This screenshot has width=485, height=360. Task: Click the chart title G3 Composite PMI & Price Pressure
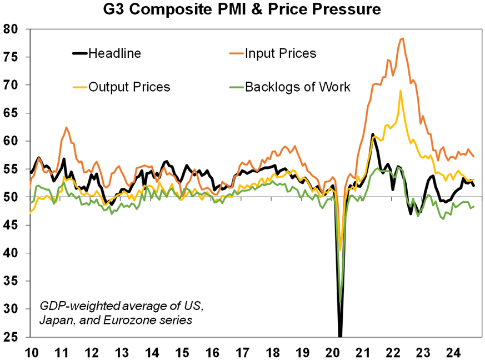coord(242,9)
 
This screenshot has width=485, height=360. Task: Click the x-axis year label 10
coord(31,351)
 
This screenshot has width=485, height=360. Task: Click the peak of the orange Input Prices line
coord(402,38)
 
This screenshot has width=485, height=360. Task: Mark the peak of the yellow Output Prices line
coord(400,91)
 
